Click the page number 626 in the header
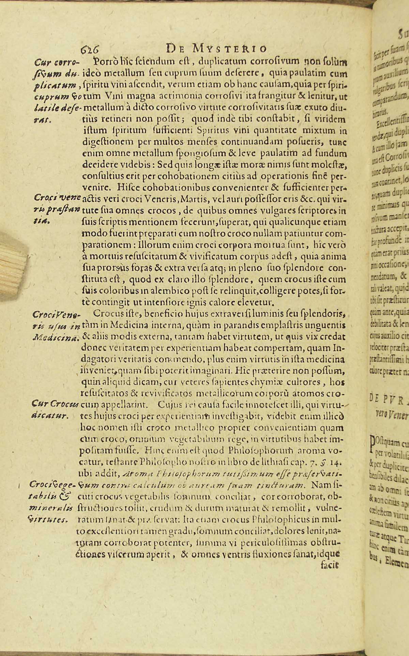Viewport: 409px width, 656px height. [90, 49]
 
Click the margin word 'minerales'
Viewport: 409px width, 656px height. [56, 507]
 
